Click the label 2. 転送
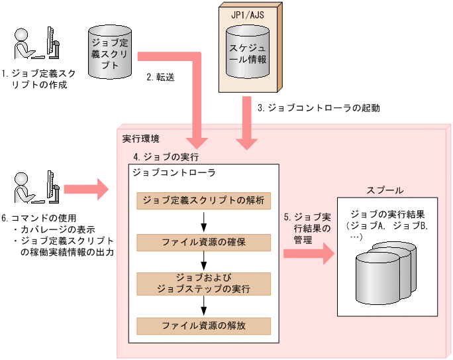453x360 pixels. (160, 77)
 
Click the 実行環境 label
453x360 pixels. (140, 140)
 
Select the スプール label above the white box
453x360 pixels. (385, 190)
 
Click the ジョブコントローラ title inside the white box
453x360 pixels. (165, 172)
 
